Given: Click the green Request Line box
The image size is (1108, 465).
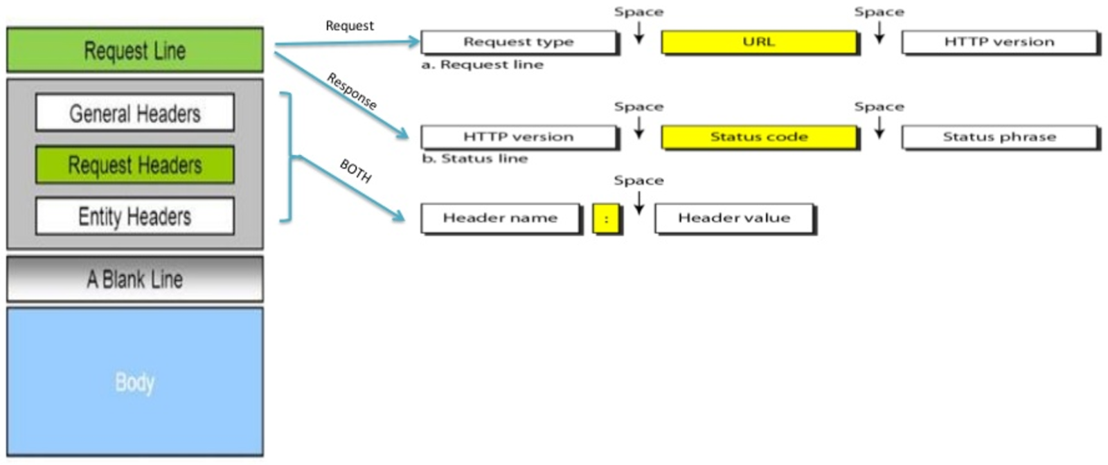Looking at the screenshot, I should [x=135, y=50].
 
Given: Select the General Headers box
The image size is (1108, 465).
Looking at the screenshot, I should [x=135, y=113].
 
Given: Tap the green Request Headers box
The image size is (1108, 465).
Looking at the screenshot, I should [x=135, y=165].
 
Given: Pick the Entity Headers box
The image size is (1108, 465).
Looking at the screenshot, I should [x=135, y=216].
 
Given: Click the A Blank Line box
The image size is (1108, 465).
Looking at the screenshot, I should [x=135, y=279].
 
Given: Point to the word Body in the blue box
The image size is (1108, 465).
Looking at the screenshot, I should [x=135, y=382].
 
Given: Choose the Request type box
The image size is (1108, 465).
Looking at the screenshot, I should [x=519, y=42].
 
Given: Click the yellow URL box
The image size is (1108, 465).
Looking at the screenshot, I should [x=759, y=42].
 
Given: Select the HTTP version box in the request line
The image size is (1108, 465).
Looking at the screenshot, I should [x=999, y=42].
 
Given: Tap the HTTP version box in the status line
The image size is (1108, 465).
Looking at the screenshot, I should [x=519, y=136].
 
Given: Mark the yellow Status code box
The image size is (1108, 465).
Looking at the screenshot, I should [x=759, y=136].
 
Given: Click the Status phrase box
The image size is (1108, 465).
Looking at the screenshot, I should [x=999, y=136].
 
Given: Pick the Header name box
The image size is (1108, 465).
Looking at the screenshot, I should [x=500, y=218].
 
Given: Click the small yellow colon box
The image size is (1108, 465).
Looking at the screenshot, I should [x=607, y=219].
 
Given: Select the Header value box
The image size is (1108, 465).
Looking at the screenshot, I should [x=734, y=218].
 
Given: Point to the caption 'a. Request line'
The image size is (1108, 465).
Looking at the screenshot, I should [x=483, y=64].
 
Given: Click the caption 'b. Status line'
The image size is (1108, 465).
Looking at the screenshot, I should [x=475, y=158].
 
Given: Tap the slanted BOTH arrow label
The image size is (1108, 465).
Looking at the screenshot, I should [x=356, y=171].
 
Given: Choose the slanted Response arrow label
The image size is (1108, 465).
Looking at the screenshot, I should [x=352, y=91].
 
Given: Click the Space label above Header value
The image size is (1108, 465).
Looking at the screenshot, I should [x=638, y=181].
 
